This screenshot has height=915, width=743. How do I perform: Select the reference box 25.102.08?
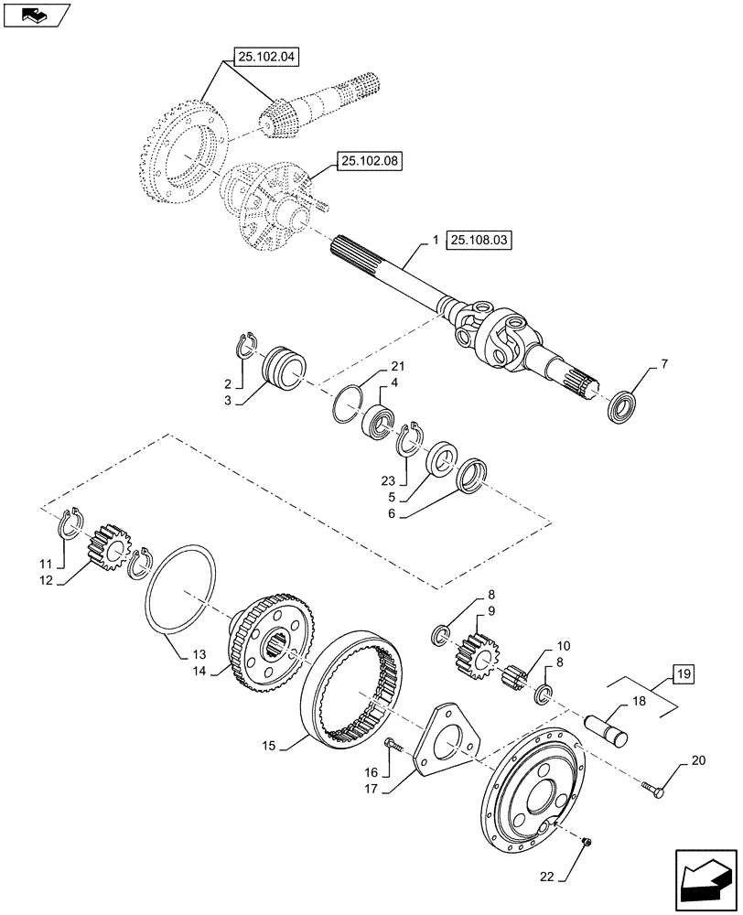(370, 162)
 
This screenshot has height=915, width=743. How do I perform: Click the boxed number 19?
(683, 676)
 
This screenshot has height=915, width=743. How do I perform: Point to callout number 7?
(663, 364)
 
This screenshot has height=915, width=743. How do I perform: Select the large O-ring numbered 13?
(183, 588)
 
